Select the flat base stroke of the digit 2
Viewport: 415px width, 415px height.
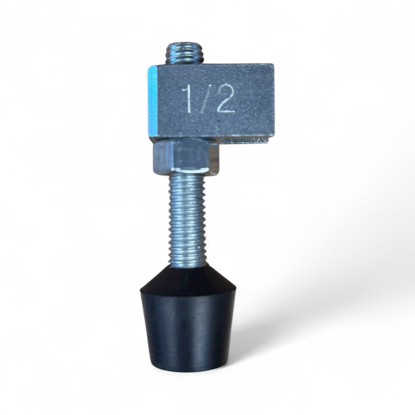(226, 112)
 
